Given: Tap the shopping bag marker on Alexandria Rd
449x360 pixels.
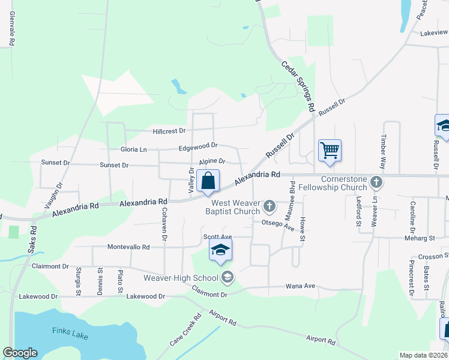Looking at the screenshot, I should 208,181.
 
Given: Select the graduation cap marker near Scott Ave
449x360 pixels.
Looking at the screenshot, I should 220,250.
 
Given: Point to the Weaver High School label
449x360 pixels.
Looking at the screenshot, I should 180,277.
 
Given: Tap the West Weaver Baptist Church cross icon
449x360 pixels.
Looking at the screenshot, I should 270,207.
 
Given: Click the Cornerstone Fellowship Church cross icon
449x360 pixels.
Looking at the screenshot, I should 376,181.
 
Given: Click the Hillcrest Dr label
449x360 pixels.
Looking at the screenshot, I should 169,130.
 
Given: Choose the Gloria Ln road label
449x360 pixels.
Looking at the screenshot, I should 134,149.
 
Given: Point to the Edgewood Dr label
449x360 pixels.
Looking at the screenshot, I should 197,146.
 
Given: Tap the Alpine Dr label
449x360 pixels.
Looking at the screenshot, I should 212,161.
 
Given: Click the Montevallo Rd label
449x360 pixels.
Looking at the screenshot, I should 128,247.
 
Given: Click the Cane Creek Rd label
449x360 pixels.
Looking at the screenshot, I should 184,331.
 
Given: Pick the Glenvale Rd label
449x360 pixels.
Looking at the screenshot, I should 11,30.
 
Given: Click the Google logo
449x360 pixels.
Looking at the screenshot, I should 20,353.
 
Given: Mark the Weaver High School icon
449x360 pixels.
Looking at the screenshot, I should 227,277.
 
